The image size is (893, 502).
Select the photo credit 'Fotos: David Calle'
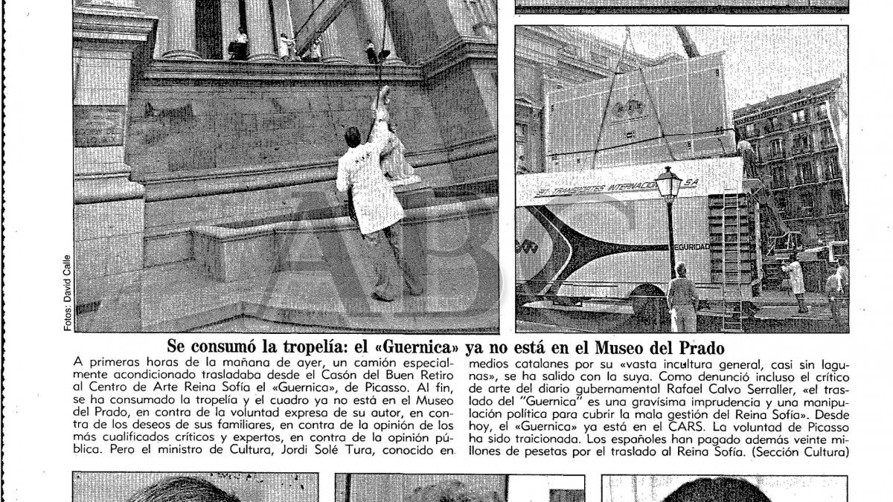pos(66,289)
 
